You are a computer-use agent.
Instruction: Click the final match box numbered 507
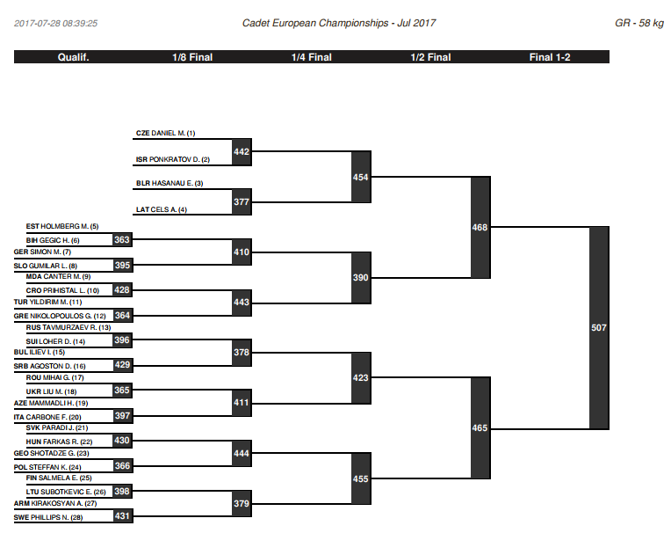coord(599,328)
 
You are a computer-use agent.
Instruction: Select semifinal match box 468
coord(480,227)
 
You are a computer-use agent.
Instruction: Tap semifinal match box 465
coord(480,427)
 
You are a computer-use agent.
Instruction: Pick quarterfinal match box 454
coord(361,177)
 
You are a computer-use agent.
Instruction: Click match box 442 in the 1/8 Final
coord(242,151)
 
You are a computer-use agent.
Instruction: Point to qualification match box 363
coord(122,239)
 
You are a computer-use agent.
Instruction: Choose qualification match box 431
coord(122,516)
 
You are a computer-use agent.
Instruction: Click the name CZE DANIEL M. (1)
coord(166,134)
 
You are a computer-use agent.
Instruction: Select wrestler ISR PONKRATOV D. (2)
coord(173,159)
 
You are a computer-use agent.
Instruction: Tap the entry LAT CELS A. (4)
coord(162,209)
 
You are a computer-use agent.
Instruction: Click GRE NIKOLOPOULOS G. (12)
coord(60,316)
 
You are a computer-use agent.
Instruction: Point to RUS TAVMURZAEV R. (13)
coord(69,327)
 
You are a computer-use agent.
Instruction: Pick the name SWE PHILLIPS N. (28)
coord(48,517)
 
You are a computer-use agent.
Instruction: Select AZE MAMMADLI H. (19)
coord(51,403)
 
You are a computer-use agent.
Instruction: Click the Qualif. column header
coord(73,57)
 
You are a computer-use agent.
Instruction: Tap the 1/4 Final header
coord(312,57)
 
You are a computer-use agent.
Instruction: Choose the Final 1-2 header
coord(550,57)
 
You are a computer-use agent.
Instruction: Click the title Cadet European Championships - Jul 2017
coord(339,23)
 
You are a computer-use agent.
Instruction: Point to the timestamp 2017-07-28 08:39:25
coord(55,23)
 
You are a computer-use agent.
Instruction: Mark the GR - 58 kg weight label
coord(639,23)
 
